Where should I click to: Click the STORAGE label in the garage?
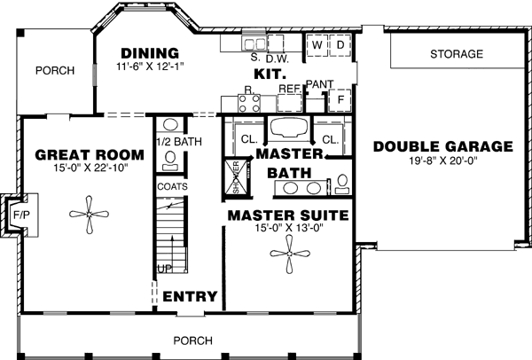457,54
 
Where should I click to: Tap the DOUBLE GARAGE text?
442,146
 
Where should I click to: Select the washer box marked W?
316,43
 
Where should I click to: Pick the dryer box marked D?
340,43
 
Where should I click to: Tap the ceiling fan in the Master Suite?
289,256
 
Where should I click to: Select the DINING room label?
150,52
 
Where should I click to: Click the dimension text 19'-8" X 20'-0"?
442,162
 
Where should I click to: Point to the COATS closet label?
171,187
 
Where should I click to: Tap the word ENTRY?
190,296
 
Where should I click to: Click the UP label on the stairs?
165,268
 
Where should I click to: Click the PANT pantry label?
317,84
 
